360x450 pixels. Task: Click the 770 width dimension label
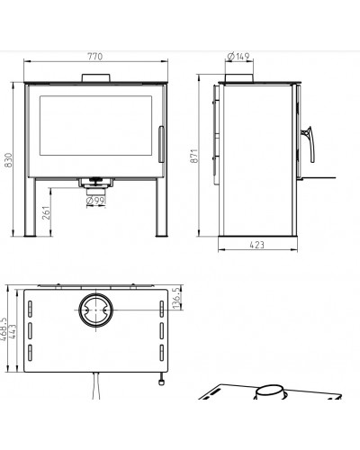point(95,57)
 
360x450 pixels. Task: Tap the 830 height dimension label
point(8,160)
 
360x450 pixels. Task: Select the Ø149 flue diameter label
point(238,57)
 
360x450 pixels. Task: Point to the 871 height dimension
point(194,156)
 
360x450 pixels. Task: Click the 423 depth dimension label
point(257,245)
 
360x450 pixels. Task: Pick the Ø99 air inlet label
point(95,201)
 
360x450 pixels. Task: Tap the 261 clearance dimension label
point(46,212)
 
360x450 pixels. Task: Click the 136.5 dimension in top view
point(176,298)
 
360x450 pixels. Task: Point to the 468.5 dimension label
point(4,328)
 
